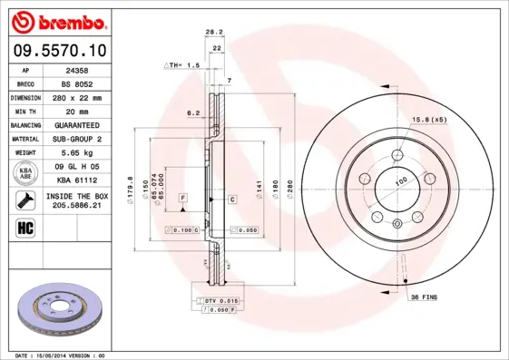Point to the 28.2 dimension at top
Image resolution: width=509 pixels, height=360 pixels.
(x=215, y=33)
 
